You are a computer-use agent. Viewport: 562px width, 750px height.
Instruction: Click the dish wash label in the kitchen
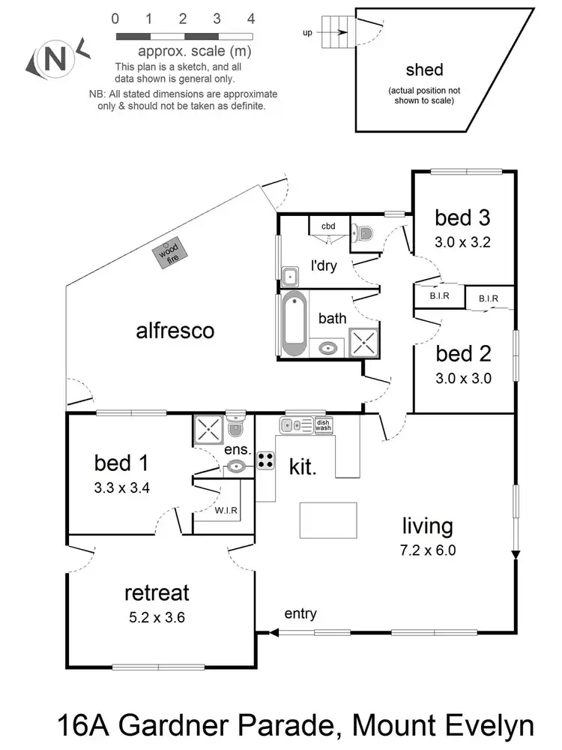pyautogui.click(x=323, y=424)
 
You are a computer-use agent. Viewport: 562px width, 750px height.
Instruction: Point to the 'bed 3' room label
pyautogui.click(x=463, y=217)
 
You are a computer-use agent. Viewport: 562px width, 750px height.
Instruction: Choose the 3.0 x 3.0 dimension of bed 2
pyautogui.click(x=463, y=378)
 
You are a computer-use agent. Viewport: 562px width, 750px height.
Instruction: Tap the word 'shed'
pyautogui.click(x=424, y=70)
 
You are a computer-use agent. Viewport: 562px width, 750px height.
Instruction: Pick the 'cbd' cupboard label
pyautogui.click(x=328, y=226)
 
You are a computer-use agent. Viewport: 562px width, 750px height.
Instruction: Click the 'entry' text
pyautogui.click(x=300, y=613)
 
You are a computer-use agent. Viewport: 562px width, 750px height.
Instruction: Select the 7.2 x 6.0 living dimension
pyautogui.click(x=428, y=550)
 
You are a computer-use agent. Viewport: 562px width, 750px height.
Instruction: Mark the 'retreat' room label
pyautogui.click(x=157, y=593)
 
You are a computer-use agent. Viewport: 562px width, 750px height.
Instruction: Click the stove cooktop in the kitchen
pyautogui.click(x=266, y=460)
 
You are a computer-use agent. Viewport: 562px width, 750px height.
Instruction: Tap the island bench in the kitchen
pyautogui.click(x=327, y=518)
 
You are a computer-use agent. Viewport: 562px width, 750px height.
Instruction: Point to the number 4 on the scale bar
pyautogui.click(x=251, y=18)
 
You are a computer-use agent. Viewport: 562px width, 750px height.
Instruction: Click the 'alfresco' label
pyautogui.click(x=175, y=330)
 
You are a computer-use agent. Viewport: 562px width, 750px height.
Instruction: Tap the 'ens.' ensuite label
pyautogui.click(x=238, y=451)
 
